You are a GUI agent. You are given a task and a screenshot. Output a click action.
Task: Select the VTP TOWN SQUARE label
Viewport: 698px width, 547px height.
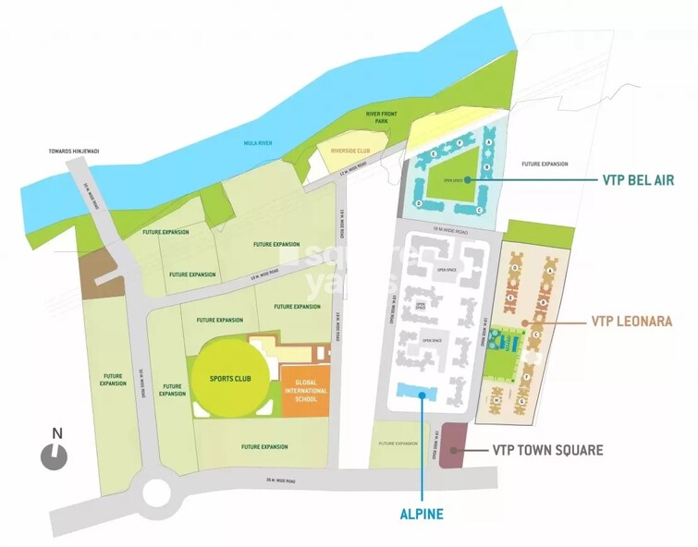tap(546, 451)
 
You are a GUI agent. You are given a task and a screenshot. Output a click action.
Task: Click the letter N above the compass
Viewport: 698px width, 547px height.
tap(56, 432)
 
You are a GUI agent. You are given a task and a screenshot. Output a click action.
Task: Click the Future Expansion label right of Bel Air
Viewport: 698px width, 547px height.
tap(544, 164)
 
